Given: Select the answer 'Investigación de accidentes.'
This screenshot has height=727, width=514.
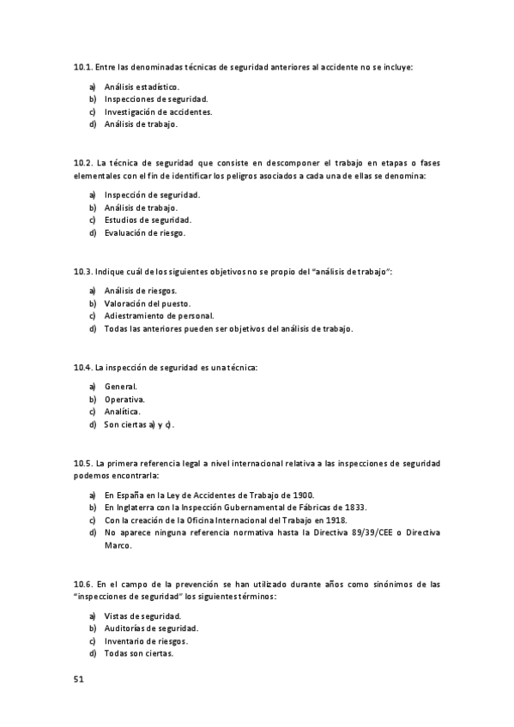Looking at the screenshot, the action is (158, 111).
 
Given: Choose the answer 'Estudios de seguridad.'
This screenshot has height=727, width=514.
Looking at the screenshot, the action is (147, 219).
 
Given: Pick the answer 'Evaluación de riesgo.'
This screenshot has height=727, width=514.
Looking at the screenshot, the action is (144, 232).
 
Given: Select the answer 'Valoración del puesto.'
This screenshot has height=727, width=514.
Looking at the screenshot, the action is (147, 303).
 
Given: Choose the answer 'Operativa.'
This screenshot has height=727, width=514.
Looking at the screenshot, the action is (124, 400).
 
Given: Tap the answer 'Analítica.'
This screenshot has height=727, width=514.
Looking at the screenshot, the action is (123, 412).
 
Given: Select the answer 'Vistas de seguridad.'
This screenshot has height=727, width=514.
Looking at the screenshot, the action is (142, 616).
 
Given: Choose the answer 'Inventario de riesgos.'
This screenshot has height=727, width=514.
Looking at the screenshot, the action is (146, 640).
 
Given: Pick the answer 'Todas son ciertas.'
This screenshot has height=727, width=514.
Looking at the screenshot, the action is (138, 653).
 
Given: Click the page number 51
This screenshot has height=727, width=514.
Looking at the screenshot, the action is (79, 680).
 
